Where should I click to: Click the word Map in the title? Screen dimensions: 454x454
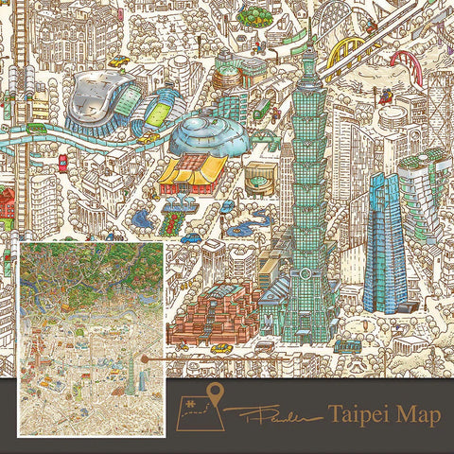[412, 412]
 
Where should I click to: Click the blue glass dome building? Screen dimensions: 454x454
[210, 133]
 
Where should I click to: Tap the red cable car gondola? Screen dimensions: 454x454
[386, 95]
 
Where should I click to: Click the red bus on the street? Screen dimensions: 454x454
[62, 163]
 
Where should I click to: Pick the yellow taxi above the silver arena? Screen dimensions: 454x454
[118, 62]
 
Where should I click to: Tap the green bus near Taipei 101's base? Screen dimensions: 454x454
[346, 345]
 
